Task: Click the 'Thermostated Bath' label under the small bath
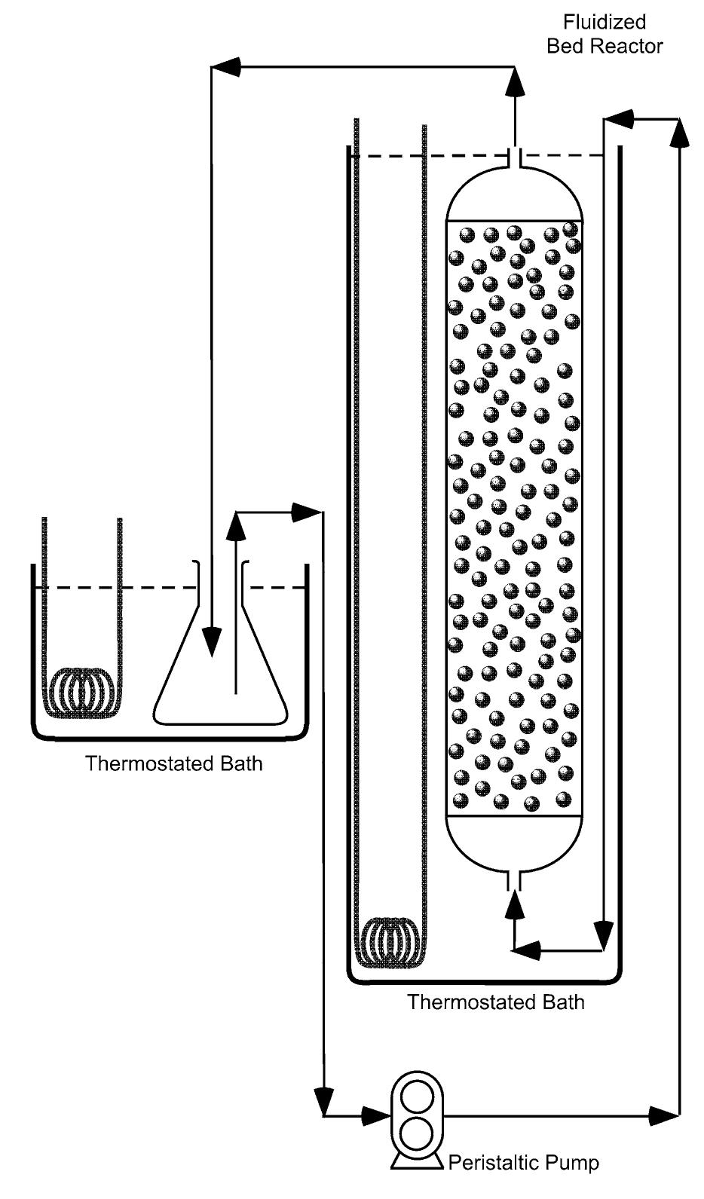point(174,763)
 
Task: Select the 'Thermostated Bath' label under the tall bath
point(496,1002)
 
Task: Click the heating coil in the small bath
point(84,690)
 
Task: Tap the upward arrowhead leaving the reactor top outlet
point(515,81)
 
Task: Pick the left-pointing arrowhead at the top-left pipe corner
point(226,67)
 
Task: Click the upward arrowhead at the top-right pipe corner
point(681,132)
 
